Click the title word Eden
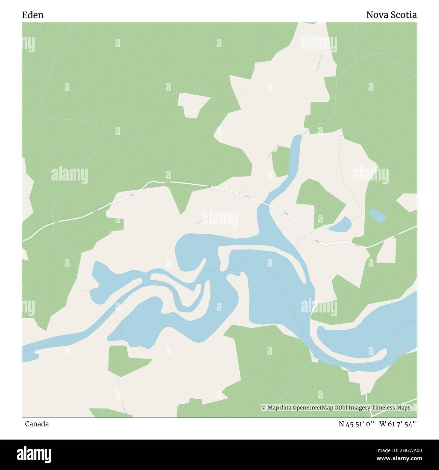[x=33, y=15]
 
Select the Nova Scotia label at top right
[x=391, y=15]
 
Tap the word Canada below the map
[x=36, y=424]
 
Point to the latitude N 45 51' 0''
[x=357, y=424]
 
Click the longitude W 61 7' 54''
[x=398, y=424]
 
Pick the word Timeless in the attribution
[x=384, y=408]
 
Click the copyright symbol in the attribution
[x=264, y=408]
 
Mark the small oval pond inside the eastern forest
[x=377, y=215]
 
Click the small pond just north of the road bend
[x=340, y=225]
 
